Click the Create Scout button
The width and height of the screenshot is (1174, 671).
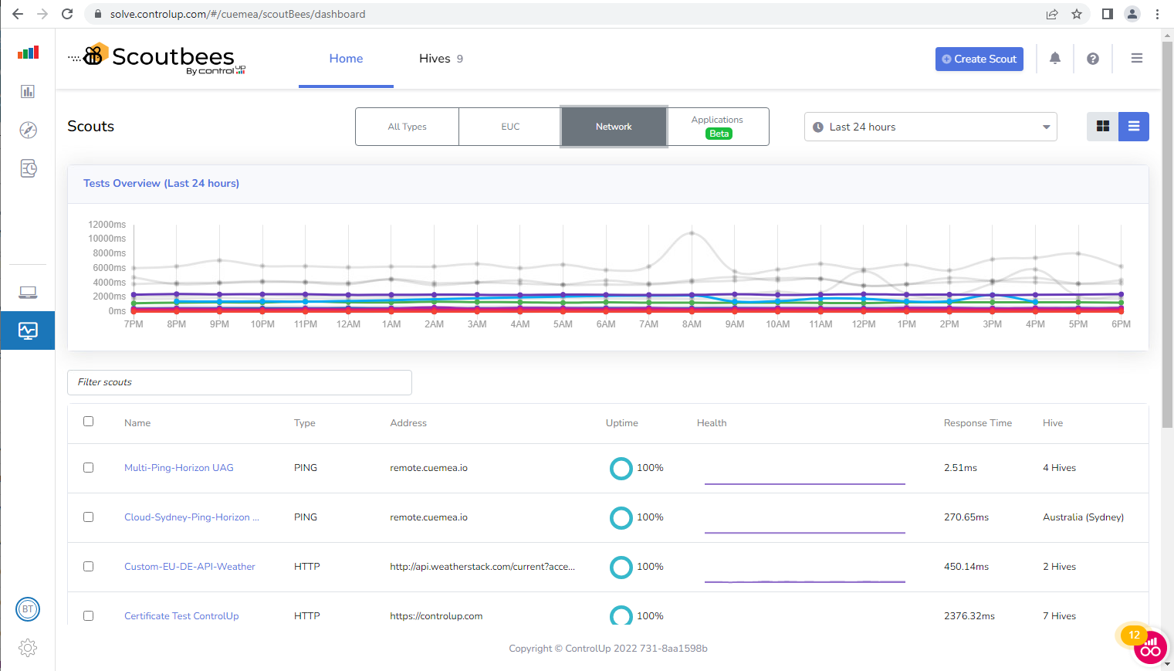pyautogui.click(x=979, y=59)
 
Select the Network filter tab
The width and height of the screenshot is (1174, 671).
pyautogui.click(x=614, y=127)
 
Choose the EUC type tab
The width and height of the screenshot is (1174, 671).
pyautogui.click(x=510, y=127)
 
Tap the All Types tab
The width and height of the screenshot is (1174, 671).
pyautogui.click(x=407, y=127)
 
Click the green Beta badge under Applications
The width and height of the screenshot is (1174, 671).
pyautogui.click(x=719, y=134)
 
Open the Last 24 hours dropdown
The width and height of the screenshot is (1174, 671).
pyautogui.click(x=930, y=127)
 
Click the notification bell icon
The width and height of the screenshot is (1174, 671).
pyautogui.click(x=1055, y=59)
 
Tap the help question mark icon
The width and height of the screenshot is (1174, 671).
pyautogui.click(x=1093, y=59)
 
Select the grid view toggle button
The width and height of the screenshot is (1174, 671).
pyautogui.click(x=1102, y=127)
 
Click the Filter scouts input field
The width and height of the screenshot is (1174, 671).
pyautogui.click(x=239, y=382)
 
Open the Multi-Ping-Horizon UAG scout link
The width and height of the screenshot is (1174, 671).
pyautogui.click(x=178, y=468)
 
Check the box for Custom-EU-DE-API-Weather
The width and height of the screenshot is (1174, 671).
pyautogui.click(x=89, y=567)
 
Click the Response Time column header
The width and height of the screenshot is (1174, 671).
pyautogui.click(x=977, y=423)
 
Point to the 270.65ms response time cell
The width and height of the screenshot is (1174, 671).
pyautogui.click(x=966, y=517)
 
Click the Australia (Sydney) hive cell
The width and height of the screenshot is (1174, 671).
pyautogui.click(x=1082, y=517)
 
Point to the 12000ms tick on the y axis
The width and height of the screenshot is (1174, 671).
pyautogui.click(x=107, y=225)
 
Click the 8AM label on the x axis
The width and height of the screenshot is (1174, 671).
pyautogui.click(x=692, y=324)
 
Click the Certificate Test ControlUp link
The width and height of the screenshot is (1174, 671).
pyautogui.click(x=181, y=616)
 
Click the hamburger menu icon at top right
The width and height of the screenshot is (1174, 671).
pyautogui.click(x=1136, y=59)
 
